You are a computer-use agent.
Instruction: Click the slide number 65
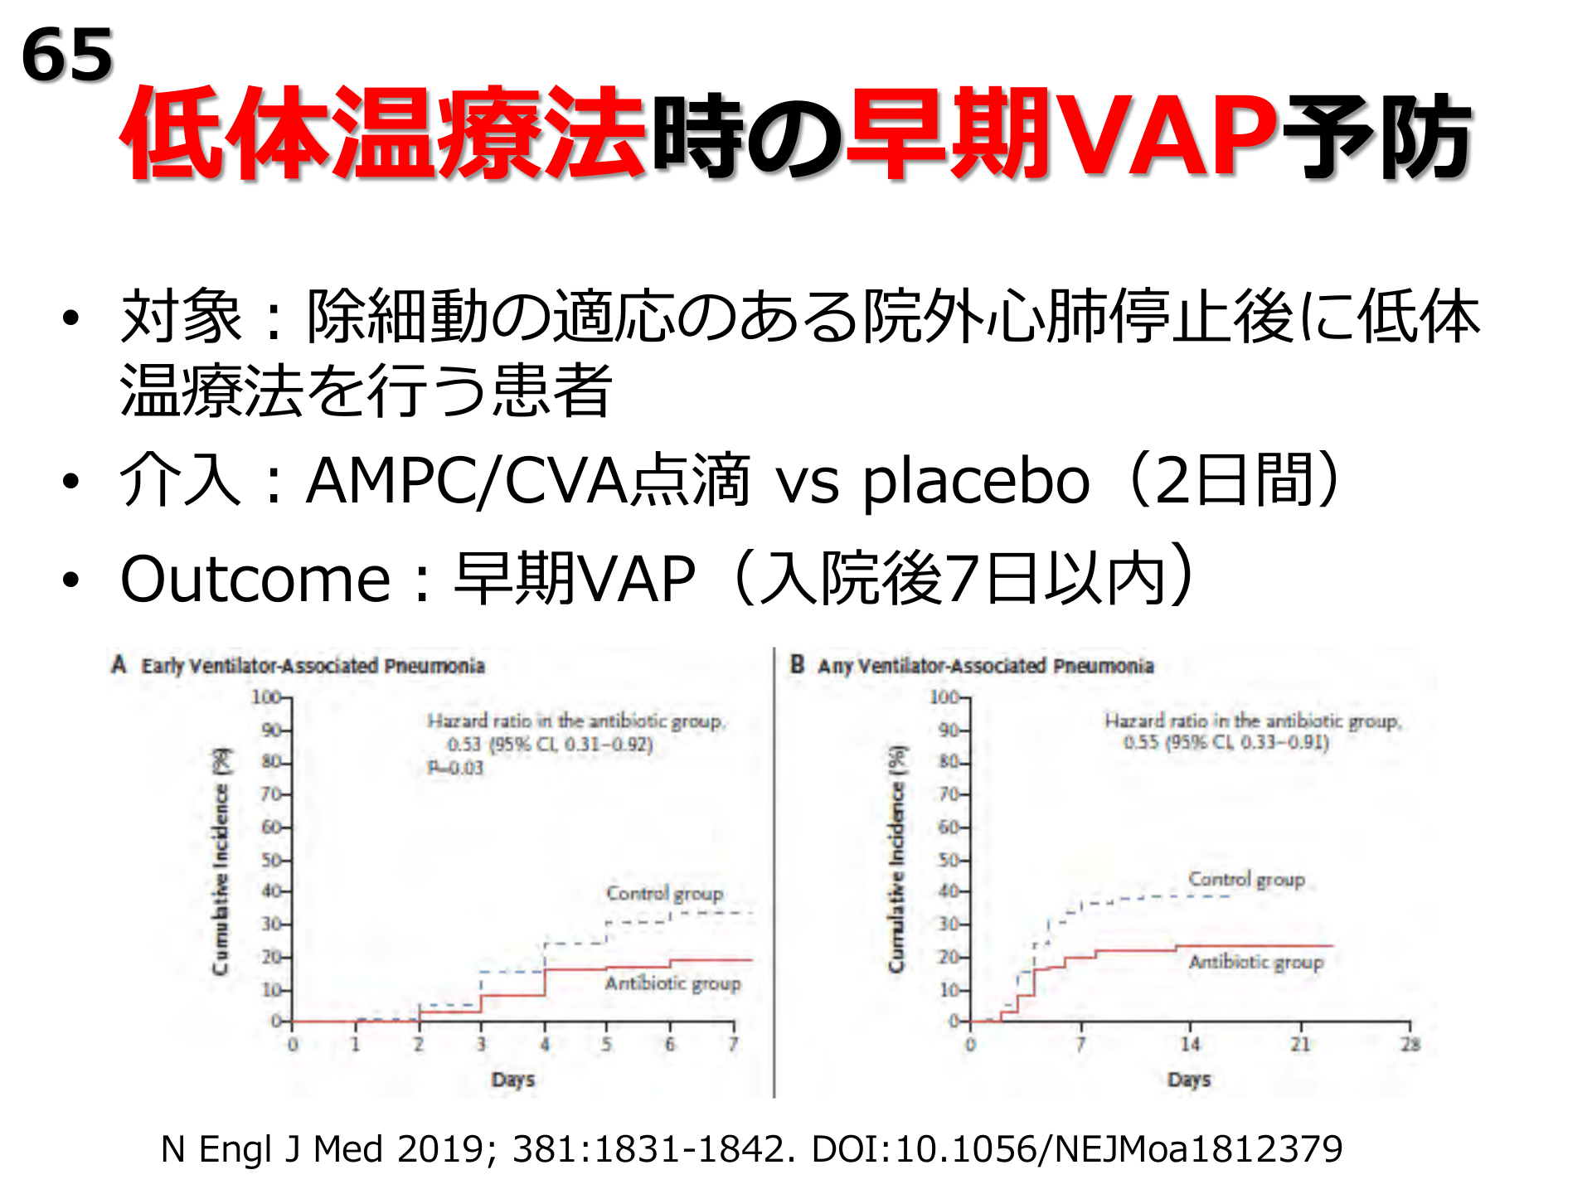pos(67,55)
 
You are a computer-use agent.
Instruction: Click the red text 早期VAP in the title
pos(1061,134)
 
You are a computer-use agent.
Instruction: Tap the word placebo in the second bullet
pos(976,482)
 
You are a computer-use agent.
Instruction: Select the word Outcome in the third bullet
pos(255,579)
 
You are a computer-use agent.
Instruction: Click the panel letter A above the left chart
pos(119,665)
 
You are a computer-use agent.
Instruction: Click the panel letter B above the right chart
pos(797,665)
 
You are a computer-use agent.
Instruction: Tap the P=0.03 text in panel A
pos(455,768)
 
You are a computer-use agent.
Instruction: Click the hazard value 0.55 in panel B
pos(1141,742)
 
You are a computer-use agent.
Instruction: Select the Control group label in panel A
pos(664,894)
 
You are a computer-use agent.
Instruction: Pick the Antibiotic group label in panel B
pos(1255,962)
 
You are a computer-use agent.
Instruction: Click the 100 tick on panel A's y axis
pos(266,697)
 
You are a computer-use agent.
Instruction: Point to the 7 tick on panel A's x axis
pos(733,1044)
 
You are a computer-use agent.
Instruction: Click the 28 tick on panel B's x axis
pos(1410,1044)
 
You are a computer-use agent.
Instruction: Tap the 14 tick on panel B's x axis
pos(1190,1044)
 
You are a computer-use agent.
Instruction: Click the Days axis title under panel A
pos(512,1080)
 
